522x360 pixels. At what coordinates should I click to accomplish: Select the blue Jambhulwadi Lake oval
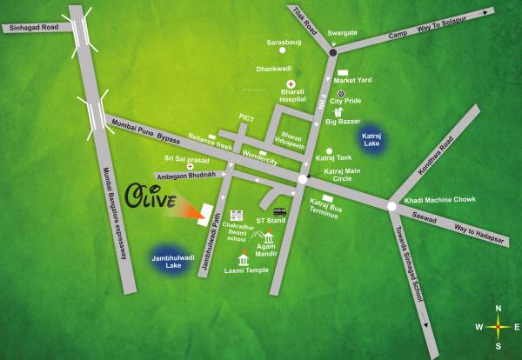click(x=171, y=258)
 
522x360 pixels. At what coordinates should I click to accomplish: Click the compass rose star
click(x=498, y=327)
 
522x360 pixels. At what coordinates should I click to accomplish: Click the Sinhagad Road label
click(x=31, y=28)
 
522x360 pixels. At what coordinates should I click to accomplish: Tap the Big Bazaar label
click(x=343, y=122)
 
